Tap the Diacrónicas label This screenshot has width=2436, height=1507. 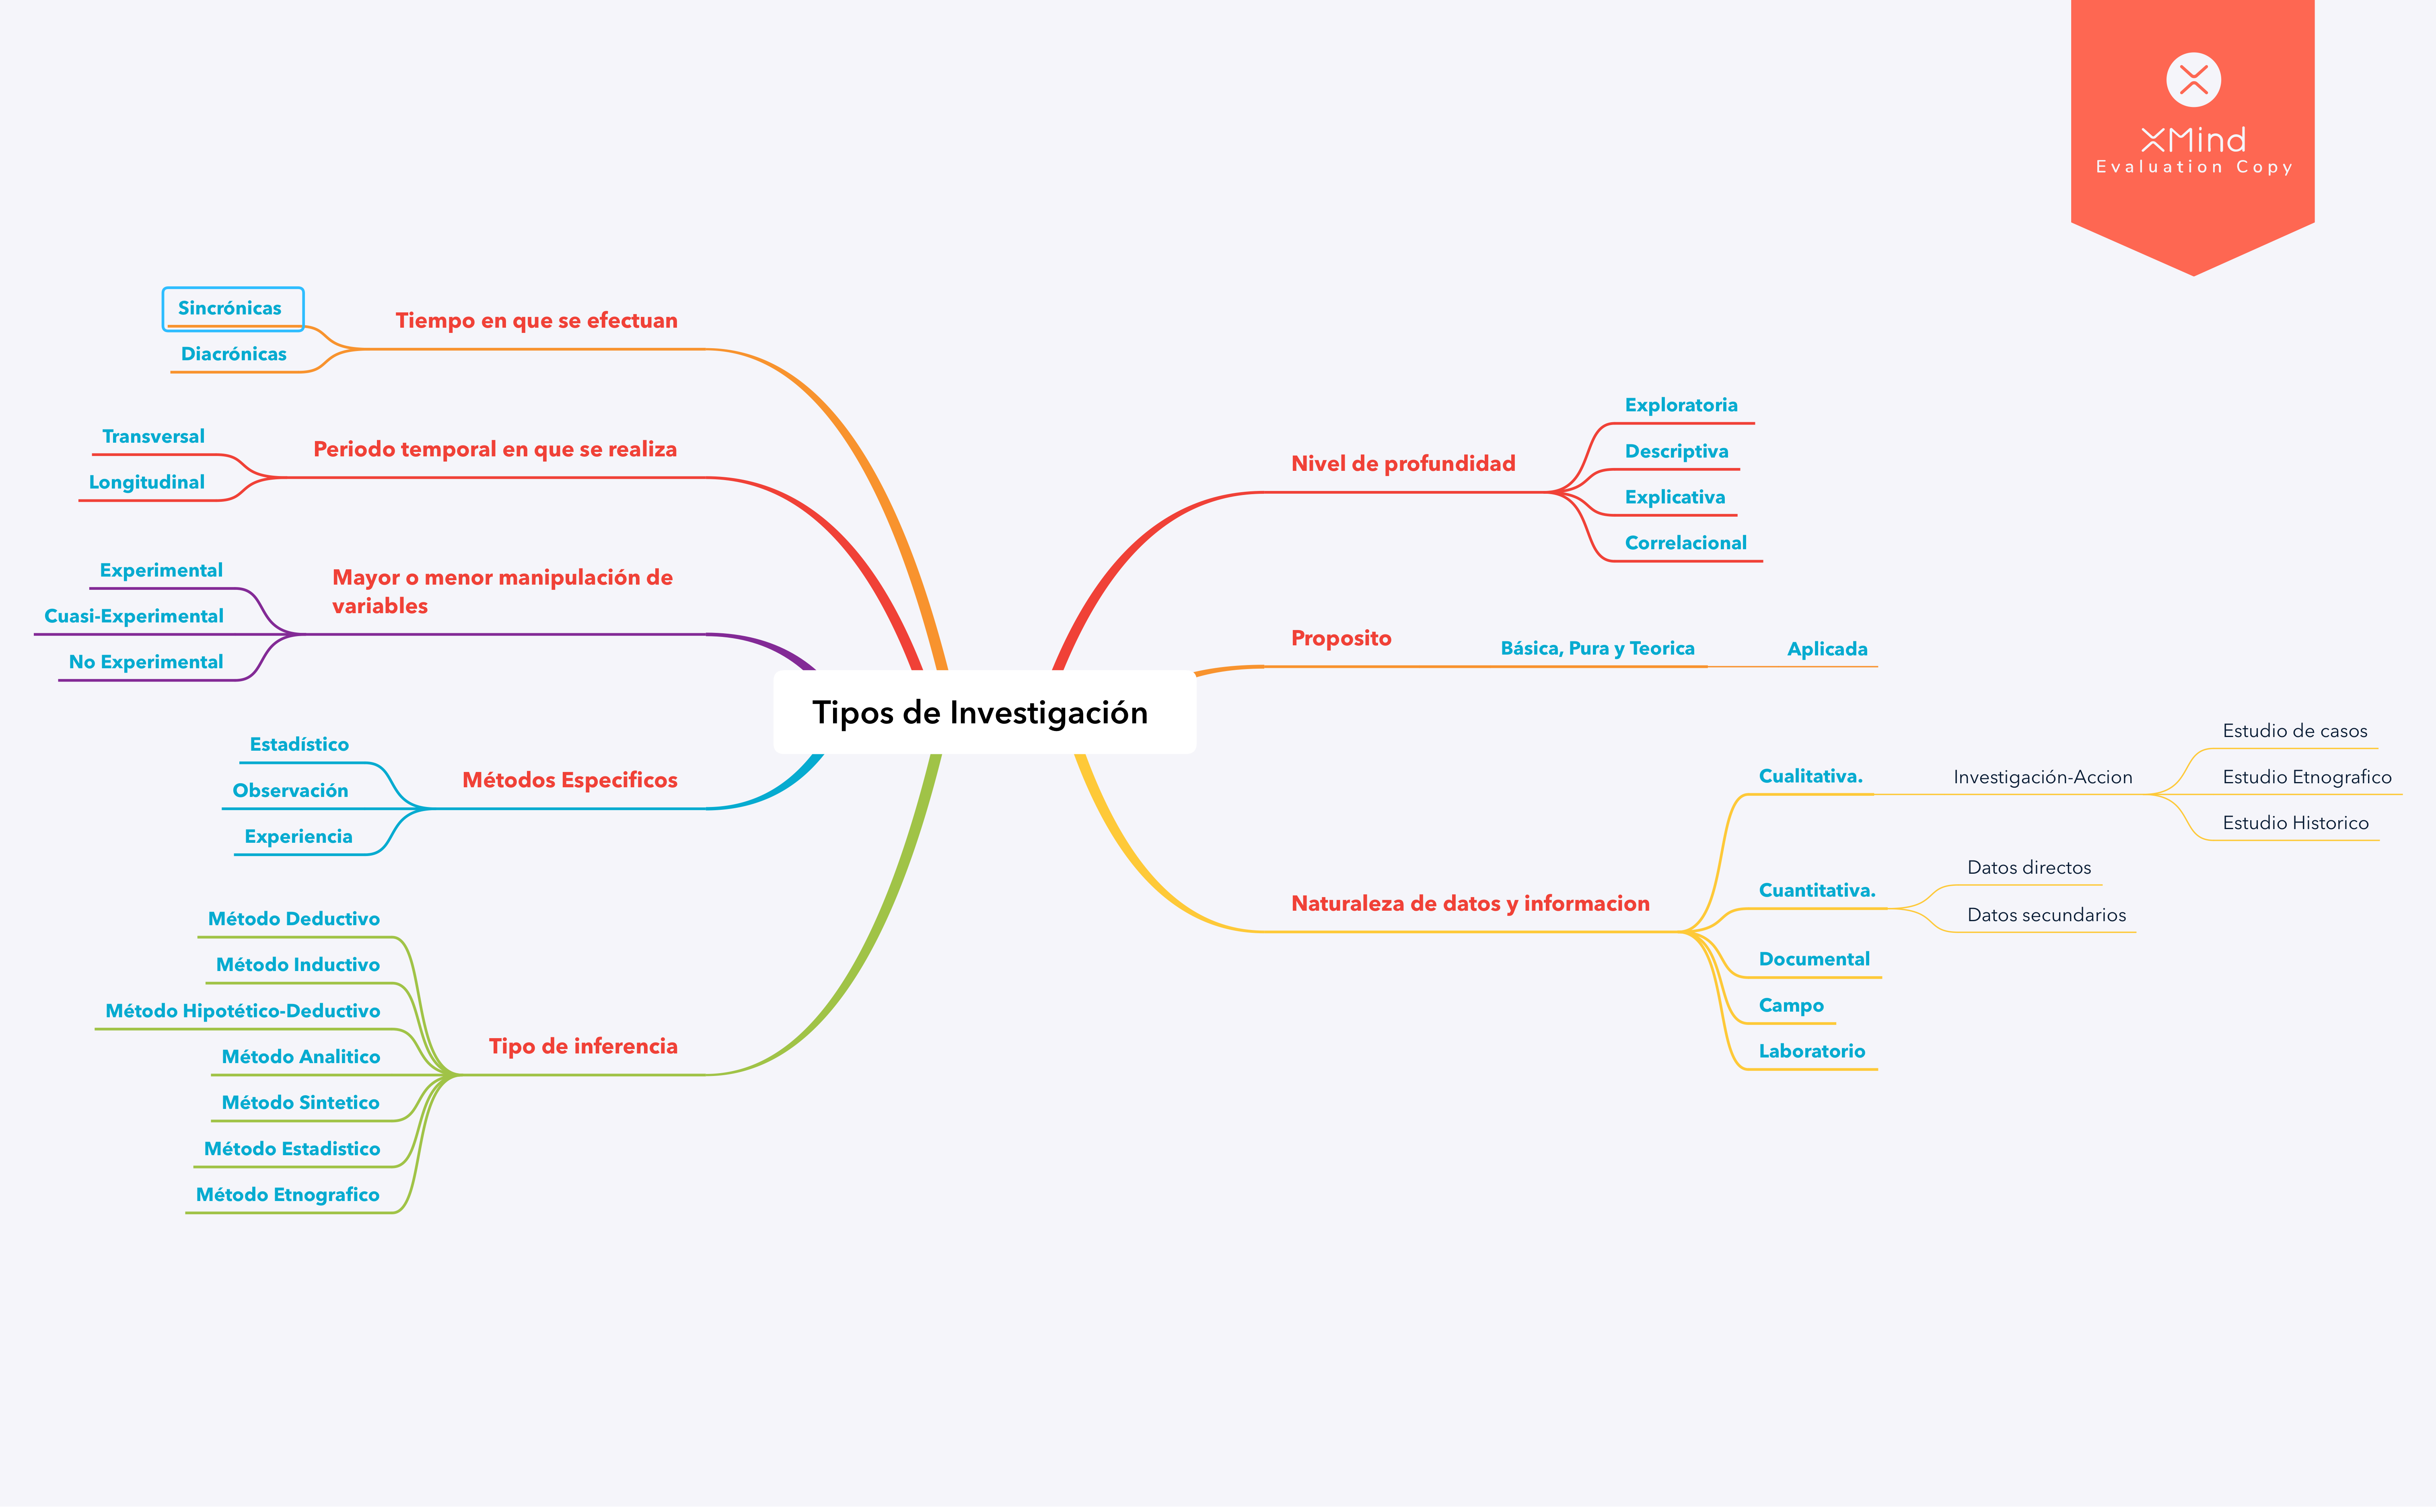coord(233,354)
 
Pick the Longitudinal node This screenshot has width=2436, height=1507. coord(146,482)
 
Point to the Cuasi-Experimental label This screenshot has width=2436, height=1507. coord(134,616)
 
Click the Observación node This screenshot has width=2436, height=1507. coord(290,790)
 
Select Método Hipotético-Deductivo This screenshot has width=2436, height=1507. coord(242,1011)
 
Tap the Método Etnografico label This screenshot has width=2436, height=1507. coord(287,1194)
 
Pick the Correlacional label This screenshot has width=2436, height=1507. coord(1685,543)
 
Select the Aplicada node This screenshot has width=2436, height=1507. coord(1827,649)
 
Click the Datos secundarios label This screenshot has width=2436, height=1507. coord(2046,915)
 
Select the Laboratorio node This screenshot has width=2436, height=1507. coord(1811,1051)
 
